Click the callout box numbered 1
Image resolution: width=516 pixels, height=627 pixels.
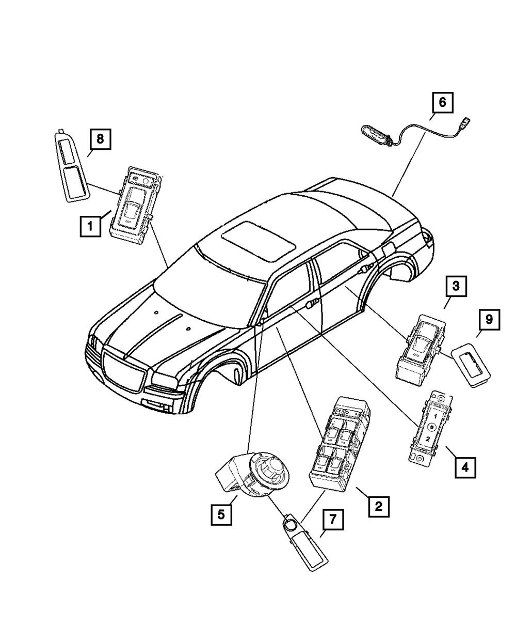point(90,226)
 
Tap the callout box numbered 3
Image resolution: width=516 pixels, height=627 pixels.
point(457,286)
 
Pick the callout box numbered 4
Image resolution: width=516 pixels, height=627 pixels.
point(465,467)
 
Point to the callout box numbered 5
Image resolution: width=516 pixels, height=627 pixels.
point(220,514)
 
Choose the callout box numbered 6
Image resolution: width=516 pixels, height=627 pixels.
point(442,102)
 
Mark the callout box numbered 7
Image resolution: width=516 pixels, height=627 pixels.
point(332,519)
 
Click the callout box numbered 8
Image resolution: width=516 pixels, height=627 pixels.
point(100,138)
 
